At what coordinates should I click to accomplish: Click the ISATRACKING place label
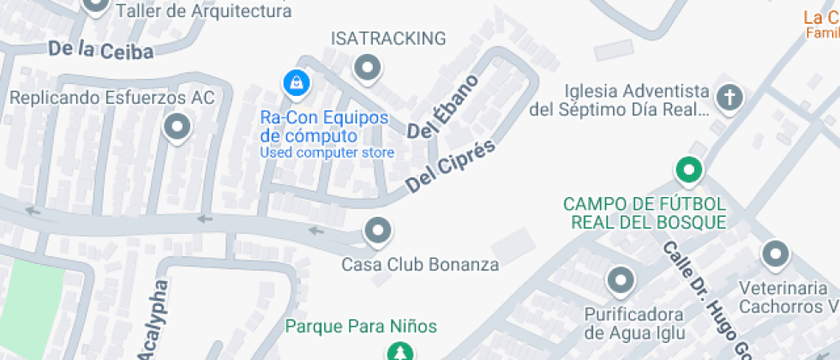click(388, 39)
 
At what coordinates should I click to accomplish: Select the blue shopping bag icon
click(295, 83)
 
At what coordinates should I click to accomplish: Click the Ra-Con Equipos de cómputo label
click(324, 127)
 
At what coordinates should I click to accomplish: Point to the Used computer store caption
click(327, 153)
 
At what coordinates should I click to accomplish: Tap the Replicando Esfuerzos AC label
click(111, 98)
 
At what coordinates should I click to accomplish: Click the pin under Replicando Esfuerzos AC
click(177, 129)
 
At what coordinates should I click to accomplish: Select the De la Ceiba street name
click(100, 51)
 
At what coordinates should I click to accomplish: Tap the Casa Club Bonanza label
click(420, 265)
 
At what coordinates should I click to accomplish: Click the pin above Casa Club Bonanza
click(377, 231)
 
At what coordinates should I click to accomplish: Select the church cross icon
click(729, 99)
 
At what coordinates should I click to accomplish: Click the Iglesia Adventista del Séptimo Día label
click(636, 100)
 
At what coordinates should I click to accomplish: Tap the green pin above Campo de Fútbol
click(689, 171)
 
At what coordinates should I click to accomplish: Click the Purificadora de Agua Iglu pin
click(620, 279)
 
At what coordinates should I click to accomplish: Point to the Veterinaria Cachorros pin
click(775, 254)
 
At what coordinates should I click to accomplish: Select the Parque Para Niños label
click(361, 327)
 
